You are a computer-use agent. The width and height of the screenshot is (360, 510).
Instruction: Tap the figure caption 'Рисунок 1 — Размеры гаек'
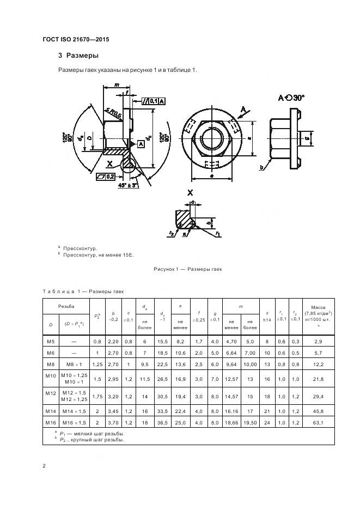(188, 269)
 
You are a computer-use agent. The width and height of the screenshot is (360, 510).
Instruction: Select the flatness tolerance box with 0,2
(105, 176)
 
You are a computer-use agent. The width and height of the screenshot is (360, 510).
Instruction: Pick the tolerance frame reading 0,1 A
(154, 101)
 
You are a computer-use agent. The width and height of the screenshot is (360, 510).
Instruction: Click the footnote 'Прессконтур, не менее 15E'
(98, 254)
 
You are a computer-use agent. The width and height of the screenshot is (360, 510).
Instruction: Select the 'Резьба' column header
(65, 307)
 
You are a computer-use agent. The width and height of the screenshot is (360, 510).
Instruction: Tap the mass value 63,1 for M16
(318, 421)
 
